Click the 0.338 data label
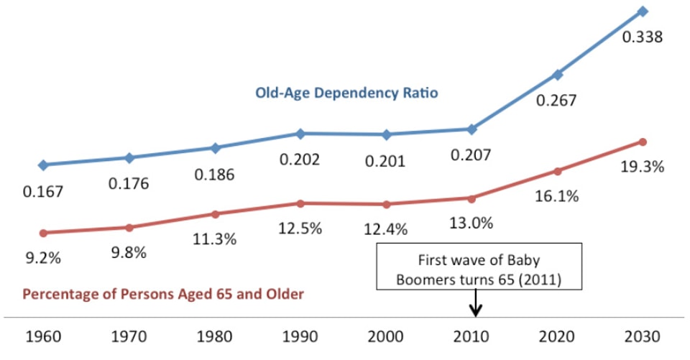642,37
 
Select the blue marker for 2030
643,11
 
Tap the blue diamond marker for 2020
557,75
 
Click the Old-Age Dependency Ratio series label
346,93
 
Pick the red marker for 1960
43,233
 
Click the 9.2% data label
43,257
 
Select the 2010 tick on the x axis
472,336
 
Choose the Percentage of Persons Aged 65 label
163,294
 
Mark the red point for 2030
643,142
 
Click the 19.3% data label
642,167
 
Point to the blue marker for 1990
300,134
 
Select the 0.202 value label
300,159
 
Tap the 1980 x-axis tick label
215,336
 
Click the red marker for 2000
386,205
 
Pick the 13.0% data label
471,223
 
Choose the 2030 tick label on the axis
642,336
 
